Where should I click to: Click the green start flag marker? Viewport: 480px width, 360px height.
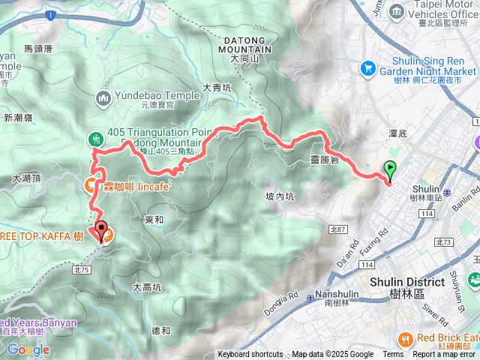(390, 171)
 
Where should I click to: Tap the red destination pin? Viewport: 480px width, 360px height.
(100, 231)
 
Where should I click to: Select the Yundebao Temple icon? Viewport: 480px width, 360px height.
(103, 97)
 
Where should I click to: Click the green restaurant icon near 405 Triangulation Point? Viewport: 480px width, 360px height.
(95, 139)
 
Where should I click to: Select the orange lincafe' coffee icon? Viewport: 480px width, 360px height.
(90, 184)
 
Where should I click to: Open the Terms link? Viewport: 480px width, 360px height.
(393, 355)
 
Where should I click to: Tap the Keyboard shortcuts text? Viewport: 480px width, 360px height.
(250, 355)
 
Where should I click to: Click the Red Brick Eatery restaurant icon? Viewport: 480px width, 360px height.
(405, 337)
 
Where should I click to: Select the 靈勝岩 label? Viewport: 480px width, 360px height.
(325, 159)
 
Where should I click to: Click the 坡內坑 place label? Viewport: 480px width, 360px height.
(280, 196)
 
